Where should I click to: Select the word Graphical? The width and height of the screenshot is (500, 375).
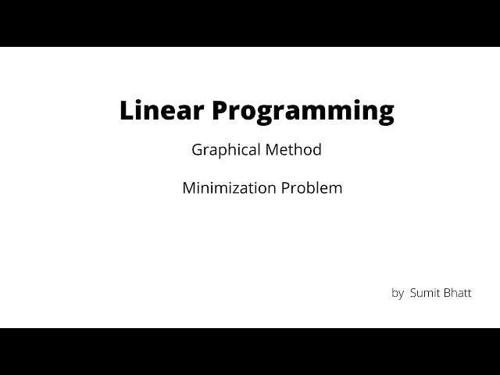tap(225, 150)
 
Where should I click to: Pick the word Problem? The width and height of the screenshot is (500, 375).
tap(314, 188)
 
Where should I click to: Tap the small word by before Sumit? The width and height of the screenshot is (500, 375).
tap(398, 294)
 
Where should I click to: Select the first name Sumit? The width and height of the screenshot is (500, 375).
tap(425, 294)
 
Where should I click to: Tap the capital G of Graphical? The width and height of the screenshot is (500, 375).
tap(197, 149)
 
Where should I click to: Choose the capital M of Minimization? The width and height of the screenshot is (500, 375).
tap(188, 188)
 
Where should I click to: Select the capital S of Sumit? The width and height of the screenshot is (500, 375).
tap(413, 294)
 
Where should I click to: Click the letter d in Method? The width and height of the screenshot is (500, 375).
tap(316, 149)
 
